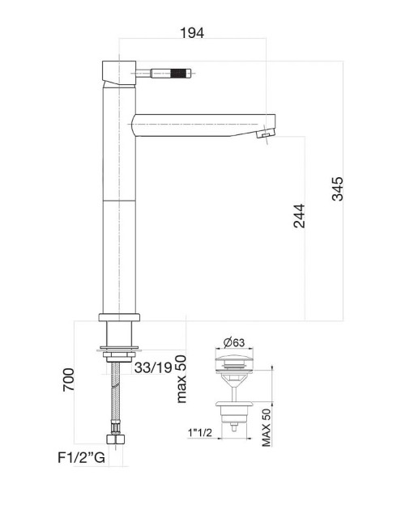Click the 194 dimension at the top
click(192, 32)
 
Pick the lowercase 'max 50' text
click(181, 378)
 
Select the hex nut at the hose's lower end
click(119, 442)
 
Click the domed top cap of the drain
click(236, 358)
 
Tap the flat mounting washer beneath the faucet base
click(119, 350)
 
